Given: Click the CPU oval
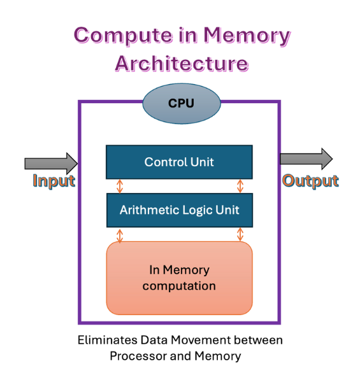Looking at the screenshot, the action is [182, 104].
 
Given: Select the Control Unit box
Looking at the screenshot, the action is [179, 162].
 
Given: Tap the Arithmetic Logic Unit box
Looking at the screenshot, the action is [180, 210].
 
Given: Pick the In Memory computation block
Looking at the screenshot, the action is [180, 278].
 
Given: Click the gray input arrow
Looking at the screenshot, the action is [51, 163].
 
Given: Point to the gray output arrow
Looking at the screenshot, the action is [306, 159].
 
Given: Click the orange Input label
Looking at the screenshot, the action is [54, 181].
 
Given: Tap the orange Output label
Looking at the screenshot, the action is [310, 181].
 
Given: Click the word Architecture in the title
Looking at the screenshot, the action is [182, 64].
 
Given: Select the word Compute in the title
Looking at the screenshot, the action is [124, 36].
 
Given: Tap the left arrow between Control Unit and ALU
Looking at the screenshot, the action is [119, 187].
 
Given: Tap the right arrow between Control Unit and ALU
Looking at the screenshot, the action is [240, 187].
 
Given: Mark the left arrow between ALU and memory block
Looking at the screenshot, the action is [119, 236].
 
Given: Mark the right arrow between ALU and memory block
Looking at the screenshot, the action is [240, 235].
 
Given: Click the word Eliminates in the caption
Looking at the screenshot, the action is [108, 340].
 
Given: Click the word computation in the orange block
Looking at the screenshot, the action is [179, 286].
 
